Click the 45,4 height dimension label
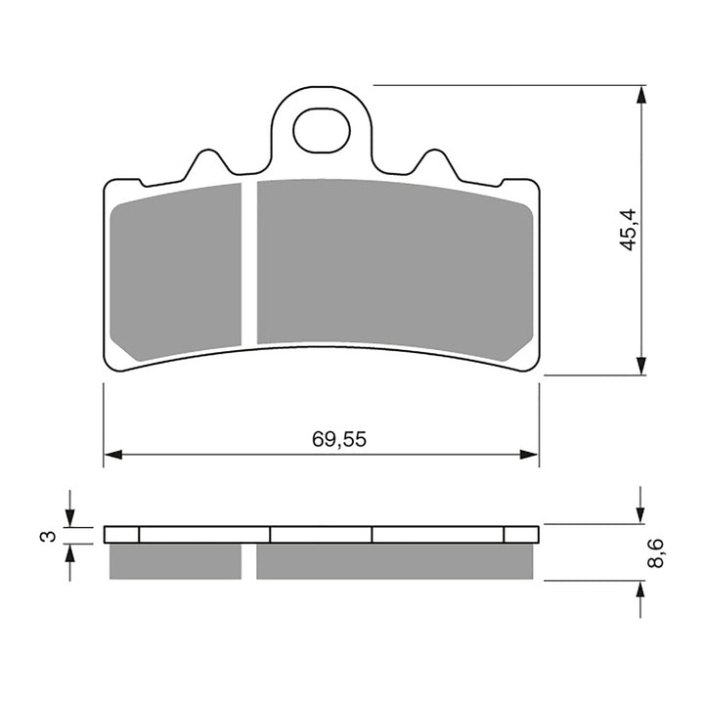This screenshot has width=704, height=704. coord(630,230)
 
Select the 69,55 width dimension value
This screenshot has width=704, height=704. coord(339,440)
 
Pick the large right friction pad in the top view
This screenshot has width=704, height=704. coord(391,264)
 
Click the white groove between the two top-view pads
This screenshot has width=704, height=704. coord(248,264)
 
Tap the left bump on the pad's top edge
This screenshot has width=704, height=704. coord(205,164)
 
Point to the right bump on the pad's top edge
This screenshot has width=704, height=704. coord(432,164)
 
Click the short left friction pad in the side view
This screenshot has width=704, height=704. coord(176,560)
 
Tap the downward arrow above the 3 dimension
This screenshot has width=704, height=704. coord(69,515)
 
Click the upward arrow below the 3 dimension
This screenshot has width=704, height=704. coord(69,553)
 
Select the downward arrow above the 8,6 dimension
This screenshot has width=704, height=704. coord(640,512)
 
